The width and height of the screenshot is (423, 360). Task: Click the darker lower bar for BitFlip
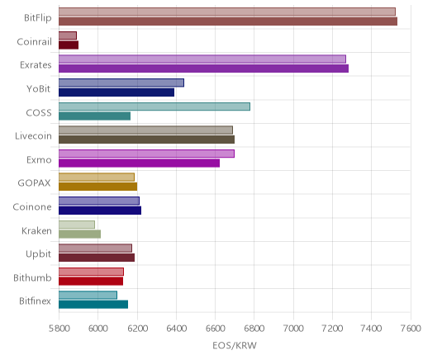pyautogui.click(x=228, y=21)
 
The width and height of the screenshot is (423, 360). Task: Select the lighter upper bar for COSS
pyautogui.click(x=154, y=107)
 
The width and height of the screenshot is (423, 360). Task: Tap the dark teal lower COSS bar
pyautogui.click(x=94, y=116)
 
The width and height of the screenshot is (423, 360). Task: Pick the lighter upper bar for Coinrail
pyautogui.click(x=68, y=36)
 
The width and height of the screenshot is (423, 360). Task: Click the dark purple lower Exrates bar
pyautogui.click(x=203, y=69)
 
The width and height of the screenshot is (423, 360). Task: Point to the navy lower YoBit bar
pyautogui.click(x=116, y=92)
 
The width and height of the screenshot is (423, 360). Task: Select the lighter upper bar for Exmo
pyautogui.click(x=146, y=154)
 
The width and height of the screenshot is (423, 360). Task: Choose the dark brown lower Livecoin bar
pyautogui.click(x=146, y=140)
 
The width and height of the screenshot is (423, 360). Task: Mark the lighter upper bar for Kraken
pyautogui.click(x=77, y=225)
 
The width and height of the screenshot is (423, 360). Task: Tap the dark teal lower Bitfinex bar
pyautogui.click(x=93, y=305)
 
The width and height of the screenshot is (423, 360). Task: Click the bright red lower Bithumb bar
pyautogui.click(x=91, y=281)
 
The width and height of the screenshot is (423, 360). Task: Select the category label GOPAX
pyautogui.click(x=35, y=183)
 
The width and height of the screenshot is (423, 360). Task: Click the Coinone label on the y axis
pyautogui.click(x=32, y=206)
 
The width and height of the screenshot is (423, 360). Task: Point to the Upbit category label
pyautogui.click(x=38, y=254)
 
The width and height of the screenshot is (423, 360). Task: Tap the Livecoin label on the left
pyautogui.click(x=33, y=135)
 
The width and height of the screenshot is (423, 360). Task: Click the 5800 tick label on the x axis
pyautogui.click(x=59, y=329)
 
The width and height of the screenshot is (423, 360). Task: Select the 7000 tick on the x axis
pyautogui.click(x=293, y=329)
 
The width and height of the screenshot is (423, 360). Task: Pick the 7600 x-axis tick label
pyautogui.click(x=411, y=329)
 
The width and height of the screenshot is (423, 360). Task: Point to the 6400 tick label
pyautogui.click(x=176, y=329)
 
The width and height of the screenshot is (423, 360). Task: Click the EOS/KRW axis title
pyautogui.click(x=235, y=345)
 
